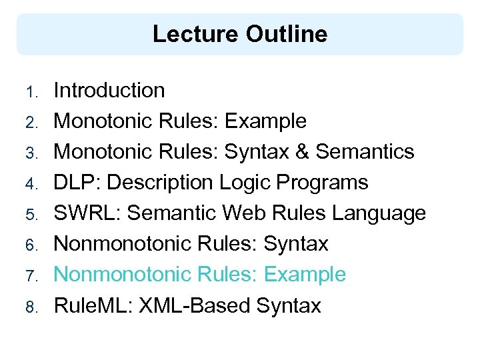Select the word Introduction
point(109,91)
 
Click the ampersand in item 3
point(301,152)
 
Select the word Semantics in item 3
point(365,152)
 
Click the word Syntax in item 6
point(297,244)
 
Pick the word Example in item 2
point(265,121)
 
